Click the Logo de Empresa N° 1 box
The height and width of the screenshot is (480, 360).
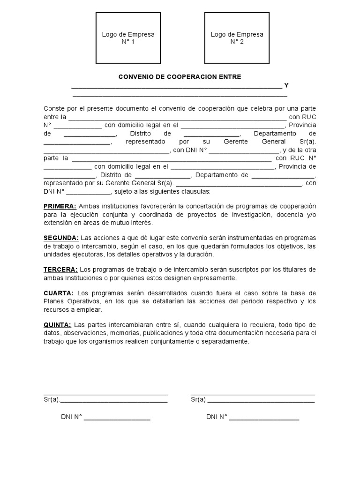[128, 38]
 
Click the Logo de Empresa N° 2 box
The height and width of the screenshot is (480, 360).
[237, 38]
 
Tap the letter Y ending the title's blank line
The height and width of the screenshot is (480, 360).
[286, 85]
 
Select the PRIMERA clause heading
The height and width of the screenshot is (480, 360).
[60, 206]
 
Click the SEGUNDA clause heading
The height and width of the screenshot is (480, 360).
[61, 238]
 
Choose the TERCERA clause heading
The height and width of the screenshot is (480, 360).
[60, 270]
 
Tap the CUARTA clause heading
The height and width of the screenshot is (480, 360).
[59, 293]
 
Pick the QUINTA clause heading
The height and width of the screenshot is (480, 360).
[57, 325]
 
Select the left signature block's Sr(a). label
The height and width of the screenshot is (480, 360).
[52, 400]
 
